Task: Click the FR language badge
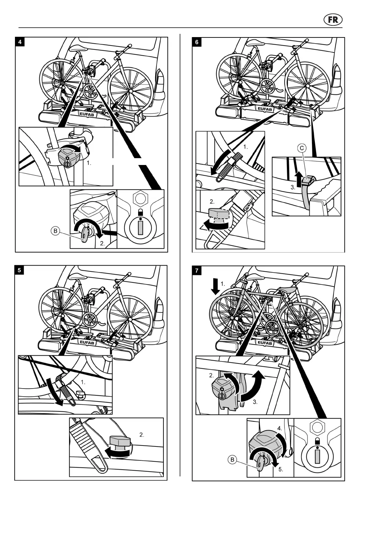[x=333, y=20]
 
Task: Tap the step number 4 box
[x=20, y=42]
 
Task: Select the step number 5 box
[x=19, y=270]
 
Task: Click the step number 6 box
[x=197, y=42]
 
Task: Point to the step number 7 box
[x=197, y=270]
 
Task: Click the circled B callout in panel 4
[x=56, y=231]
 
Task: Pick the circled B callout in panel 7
[x=232, y=460]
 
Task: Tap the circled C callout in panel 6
[x=302, y=148]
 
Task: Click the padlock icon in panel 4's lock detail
[x=141, y=212]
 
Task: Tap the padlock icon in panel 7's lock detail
[x=317, y=441]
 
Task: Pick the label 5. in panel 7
[x=281, y=469]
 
